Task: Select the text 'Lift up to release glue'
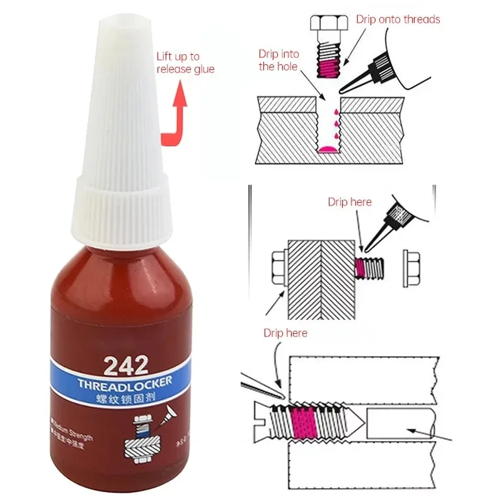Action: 185,62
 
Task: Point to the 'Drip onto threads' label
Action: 398,20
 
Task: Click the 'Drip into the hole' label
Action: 278,60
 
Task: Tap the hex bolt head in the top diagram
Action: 327,23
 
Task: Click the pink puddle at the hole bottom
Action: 327,149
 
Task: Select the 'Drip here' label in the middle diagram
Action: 350,202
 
